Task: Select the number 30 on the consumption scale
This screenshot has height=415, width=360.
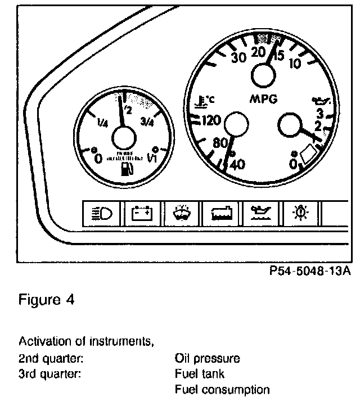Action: (x=239, y=58)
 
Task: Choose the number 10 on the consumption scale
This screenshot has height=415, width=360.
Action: (x=295, y=63)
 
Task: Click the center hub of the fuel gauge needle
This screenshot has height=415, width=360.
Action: (x=124, y=138)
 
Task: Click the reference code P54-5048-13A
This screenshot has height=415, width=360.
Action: (x=310, y=272)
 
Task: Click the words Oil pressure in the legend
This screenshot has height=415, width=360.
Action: (x=208, y=358)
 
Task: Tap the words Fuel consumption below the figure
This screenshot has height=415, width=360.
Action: (x=222, y=390)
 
